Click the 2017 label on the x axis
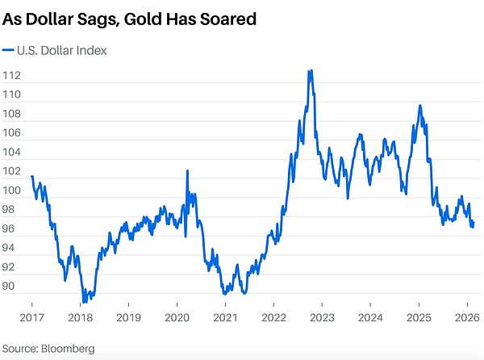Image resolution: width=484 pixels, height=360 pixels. click(31, 316)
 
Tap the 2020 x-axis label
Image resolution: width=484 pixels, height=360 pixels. click(177, 316)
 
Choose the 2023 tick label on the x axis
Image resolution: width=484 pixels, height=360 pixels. click(322, 316)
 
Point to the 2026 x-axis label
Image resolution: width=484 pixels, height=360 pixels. click(466, 316)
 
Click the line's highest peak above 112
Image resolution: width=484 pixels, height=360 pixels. click(311, 71)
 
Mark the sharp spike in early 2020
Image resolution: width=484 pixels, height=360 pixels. click(188, 171)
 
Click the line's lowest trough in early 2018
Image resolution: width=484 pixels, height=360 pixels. click(84, 301)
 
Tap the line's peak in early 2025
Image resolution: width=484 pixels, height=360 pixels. click(419, 106)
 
